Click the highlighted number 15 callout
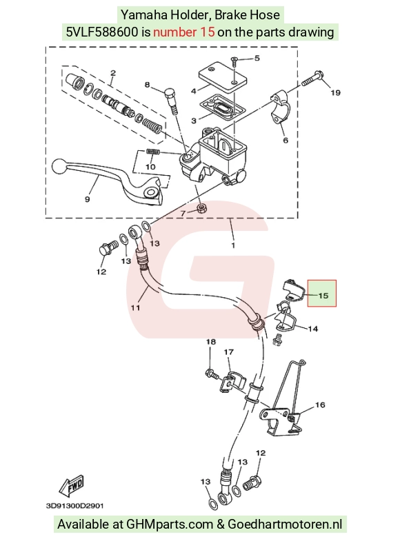323,295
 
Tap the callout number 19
335,92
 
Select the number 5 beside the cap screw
257,58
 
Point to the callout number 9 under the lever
87,199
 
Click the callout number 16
320,405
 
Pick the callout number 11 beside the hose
135,307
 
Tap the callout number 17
229,352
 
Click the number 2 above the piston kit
113,73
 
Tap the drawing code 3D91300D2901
74,506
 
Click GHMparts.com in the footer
170,525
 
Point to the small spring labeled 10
152,152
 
